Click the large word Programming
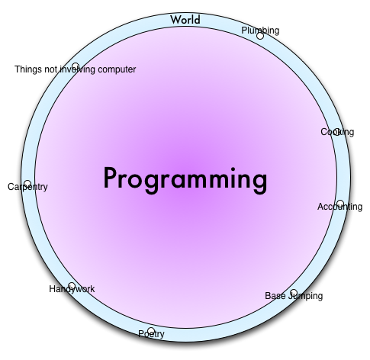(185, 180)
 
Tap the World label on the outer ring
(185, 20)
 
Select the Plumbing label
(260, 31)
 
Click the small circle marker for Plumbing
(260, 36)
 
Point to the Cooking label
(337, 132)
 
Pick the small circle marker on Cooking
(336, 132)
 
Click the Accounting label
(340, 207)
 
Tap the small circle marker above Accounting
(340, 204)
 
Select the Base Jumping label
(294, 296)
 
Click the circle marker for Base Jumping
(294, 292)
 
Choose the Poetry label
(151, 334)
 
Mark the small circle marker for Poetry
(151, 331)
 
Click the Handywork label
(72, 289)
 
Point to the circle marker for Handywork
(72, 286)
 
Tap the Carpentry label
(27, 187)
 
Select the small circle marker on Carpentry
(27, 184)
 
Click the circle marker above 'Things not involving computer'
(76, 66)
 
